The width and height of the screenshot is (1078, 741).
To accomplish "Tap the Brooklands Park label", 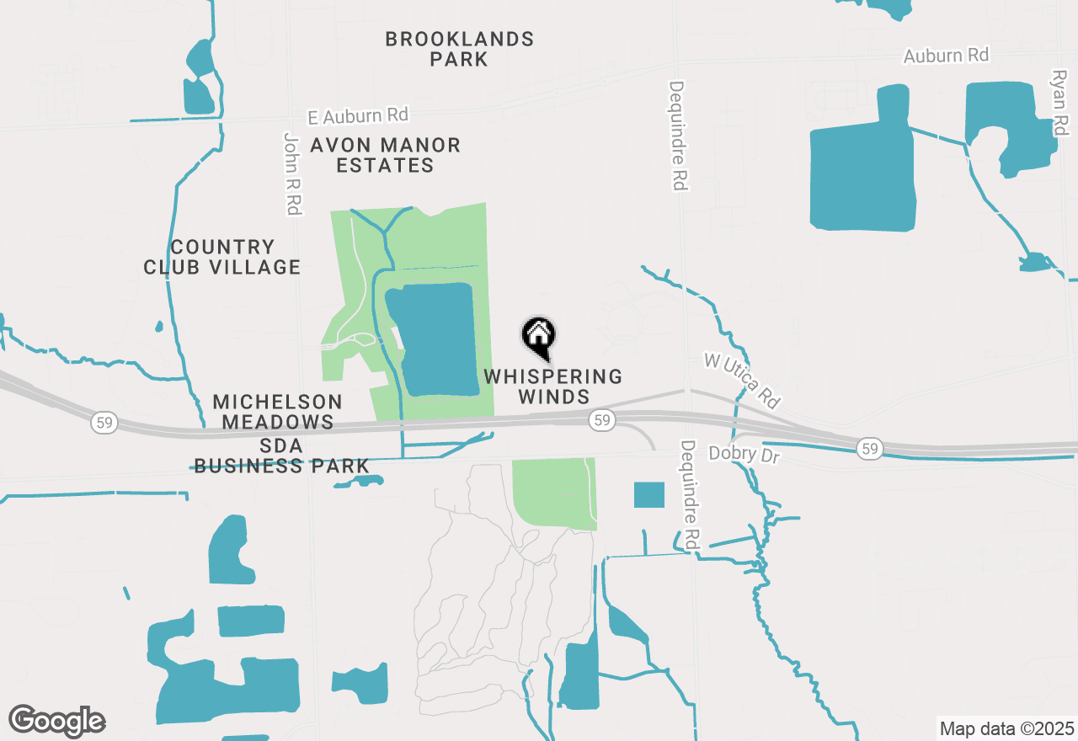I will click(459, 49).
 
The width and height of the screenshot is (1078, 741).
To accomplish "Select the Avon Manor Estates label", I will click(385, 155).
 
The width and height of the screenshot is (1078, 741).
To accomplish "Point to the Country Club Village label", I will click(221, 257).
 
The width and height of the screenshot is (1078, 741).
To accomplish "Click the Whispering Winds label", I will click(553, 386).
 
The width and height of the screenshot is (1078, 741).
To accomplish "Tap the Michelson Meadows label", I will click(277, 412).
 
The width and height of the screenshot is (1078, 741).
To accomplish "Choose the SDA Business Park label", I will click(281, 456).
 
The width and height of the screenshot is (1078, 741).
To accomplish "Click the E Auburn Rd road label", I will click(357, 115).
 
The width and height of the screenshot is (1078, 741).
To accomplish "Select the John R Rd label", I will click(292, 173).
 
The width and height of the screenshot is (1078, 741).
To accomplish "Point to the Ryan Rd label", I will click(1059, 103).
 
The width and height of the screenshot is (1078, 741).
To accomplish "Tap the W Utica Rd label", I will click(742, 378).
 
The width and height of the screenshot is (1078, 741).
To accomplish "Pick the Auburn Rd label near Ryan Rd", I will click(946, 56).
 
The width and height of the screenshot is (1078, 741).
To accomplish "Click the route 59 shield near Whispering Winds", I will click(600, 419).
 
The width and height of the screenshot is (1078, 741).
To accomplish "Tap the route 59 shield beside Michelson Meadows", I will click(105, 423).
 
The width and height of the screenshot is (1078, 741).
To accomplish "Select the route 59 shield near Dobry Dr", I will click(870, 450).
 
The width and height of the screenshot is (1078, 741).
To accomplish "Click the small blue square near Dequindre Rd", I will click(648, 494).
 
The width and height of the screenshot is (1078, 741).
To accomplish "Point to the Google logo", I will click(57, 721).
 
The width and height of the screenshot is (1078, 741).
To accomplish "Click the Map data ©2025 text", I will click(1006, 728).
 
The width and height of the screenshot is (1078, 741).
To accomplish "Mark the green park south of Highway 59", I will click(553, 492).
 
